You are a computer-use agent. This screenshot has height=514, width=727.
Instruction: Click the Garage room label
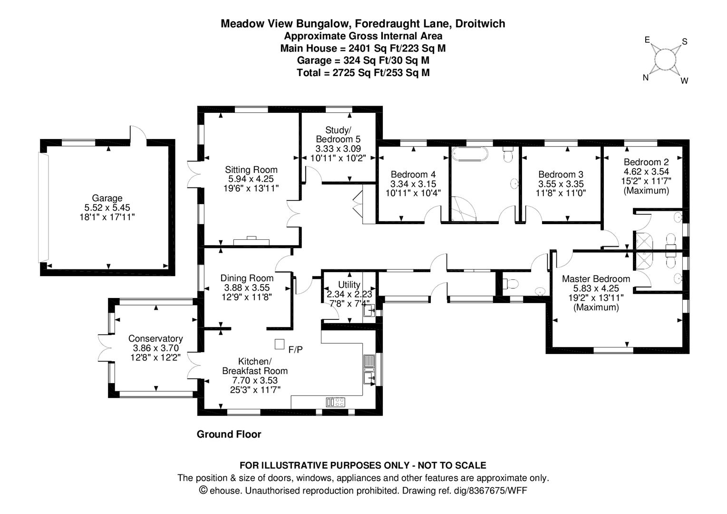[107, 198]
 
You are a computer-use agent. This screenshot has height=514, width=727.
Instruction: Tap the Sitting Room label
[251, 169]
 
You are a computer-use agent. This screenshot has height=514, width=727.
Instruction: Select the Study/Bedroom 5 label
[338, 135]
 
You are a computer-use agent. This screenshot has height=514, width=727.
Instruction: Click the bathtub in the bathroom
[470, 154]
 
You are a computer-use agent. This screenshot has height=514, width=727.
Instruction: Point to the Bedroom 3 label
[561, 175]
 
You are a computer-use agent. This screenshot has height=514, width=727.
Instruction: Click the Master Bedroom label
[596, 279]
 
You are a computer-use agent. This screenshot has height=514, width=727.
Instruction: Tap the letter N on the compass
[646, 78]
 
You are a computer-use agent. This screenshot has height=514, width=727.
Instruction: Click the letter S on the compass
[685, 41]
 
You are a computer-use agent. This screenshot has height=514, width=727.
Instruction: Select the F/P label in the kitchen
[295, 350]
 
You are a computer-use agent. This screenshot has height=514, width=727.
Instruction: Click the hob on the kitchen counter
[336, 402]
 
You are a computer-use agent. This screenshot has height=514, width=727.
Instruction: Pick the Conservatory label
[156, 338]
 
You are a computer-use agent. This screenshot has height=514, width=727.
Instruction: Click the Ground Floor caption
[229, 435]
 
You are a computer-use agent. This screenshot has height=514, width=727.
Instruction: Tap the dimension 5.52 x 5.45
[107, 208]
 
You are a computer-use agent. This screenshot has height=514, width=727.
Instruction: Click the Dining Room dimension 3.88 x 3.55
[247, 287]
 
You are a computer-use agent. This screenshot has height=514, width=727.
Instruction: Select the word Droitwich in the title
[480, 24]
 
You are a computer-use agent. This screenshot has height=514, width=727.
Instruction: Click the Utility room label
[349, 285]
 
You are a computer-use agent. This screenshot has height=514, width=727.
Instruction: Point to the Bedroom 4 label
[413, 175]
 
